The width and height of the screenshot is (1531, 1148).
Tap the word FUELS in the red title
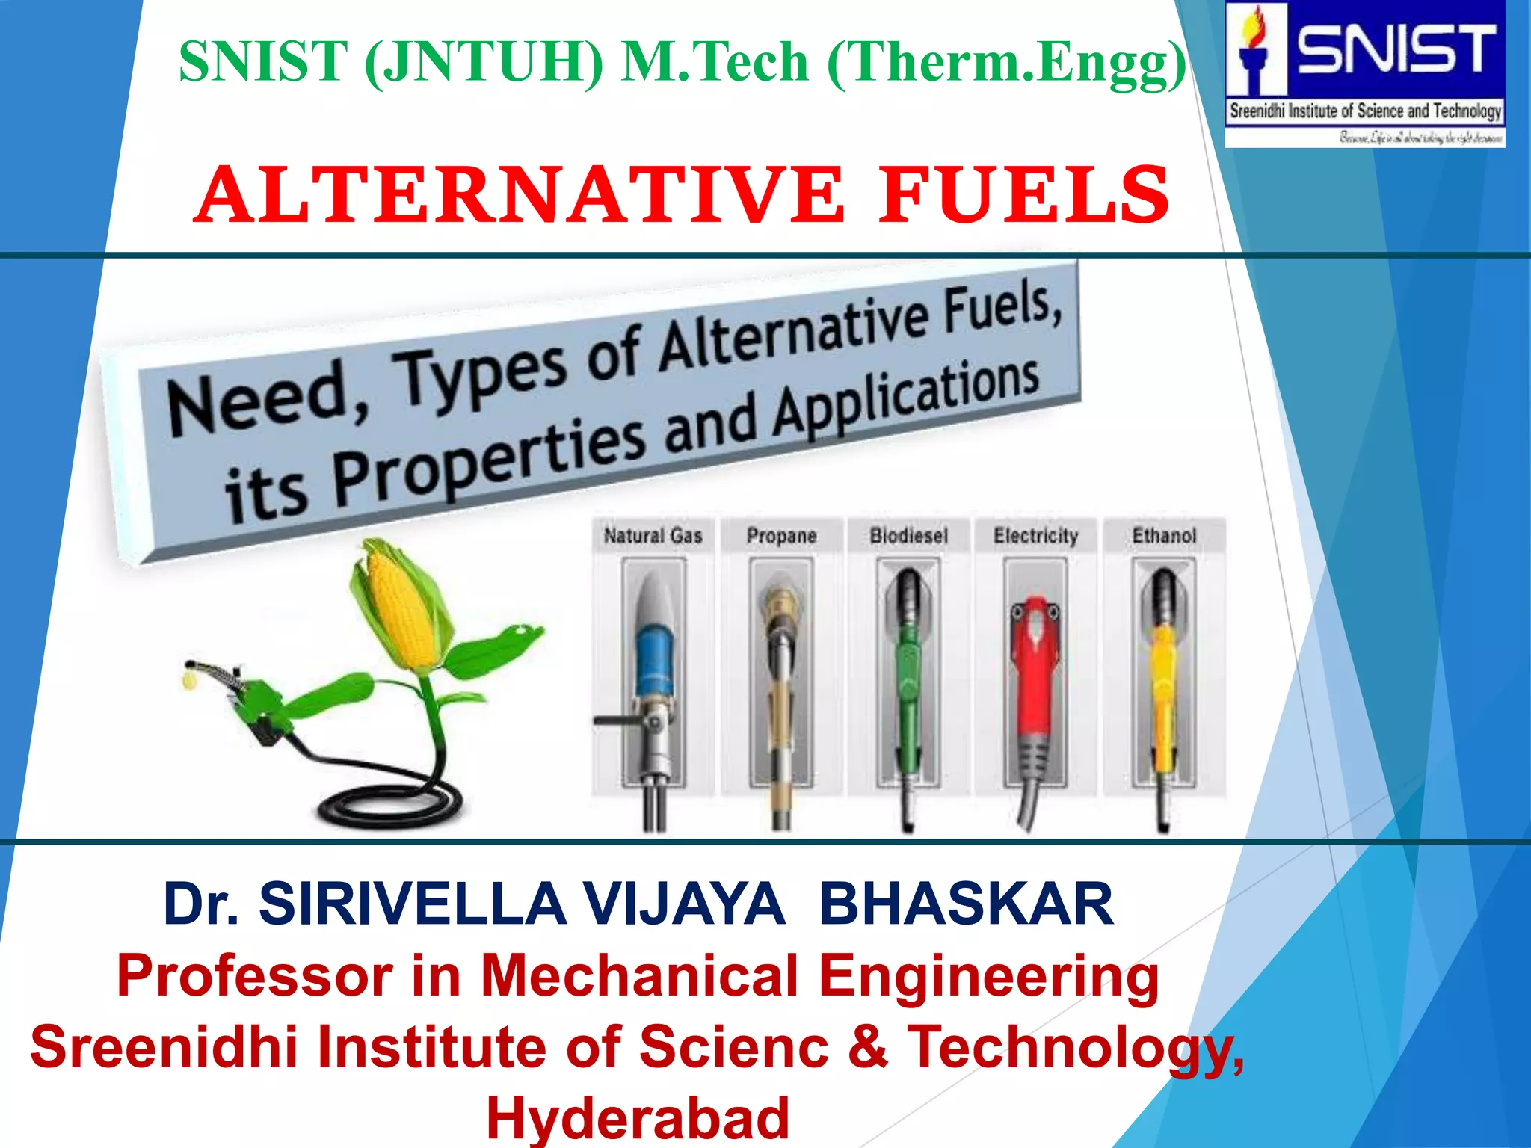click(1023, 195)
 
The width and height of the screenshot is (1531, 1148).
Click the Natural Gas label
click(653, 536)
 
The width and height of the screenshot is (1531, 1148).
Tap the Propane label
click(781, 536)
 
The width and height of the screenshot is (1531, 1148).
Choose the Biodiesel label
click(908, 536)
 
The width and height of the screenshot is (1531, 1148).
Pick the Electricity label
click(1035, 536)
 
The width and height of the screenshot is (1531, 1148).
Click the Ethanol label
click(1164, 536)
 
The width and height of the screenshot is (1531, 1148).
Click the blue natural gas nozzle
click(654, 658)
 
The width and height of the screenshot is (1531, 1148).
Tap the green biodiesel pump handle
click(908, 673)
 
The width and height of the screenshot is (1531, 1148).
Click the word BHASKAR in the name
click(966, 904)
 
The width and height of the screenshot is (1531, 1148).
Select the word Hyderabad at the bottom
click(638, 1118)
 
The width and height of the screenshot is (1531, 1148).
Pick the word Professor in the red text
click(254, 976)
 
